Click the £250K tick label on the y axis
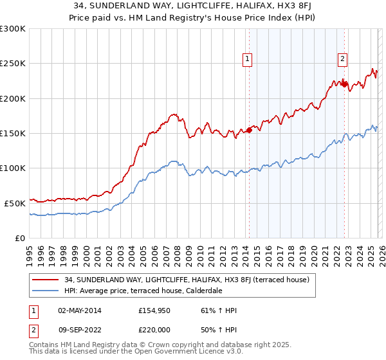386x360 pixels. coord(12,64)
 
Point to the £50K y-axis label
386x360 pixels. coord(14,203)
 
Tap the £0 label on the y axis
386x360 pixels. coord(19,238)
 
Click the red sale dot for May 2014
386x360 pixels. coord(249,130)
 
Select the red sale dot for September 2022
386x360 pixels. coord(344,84)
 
